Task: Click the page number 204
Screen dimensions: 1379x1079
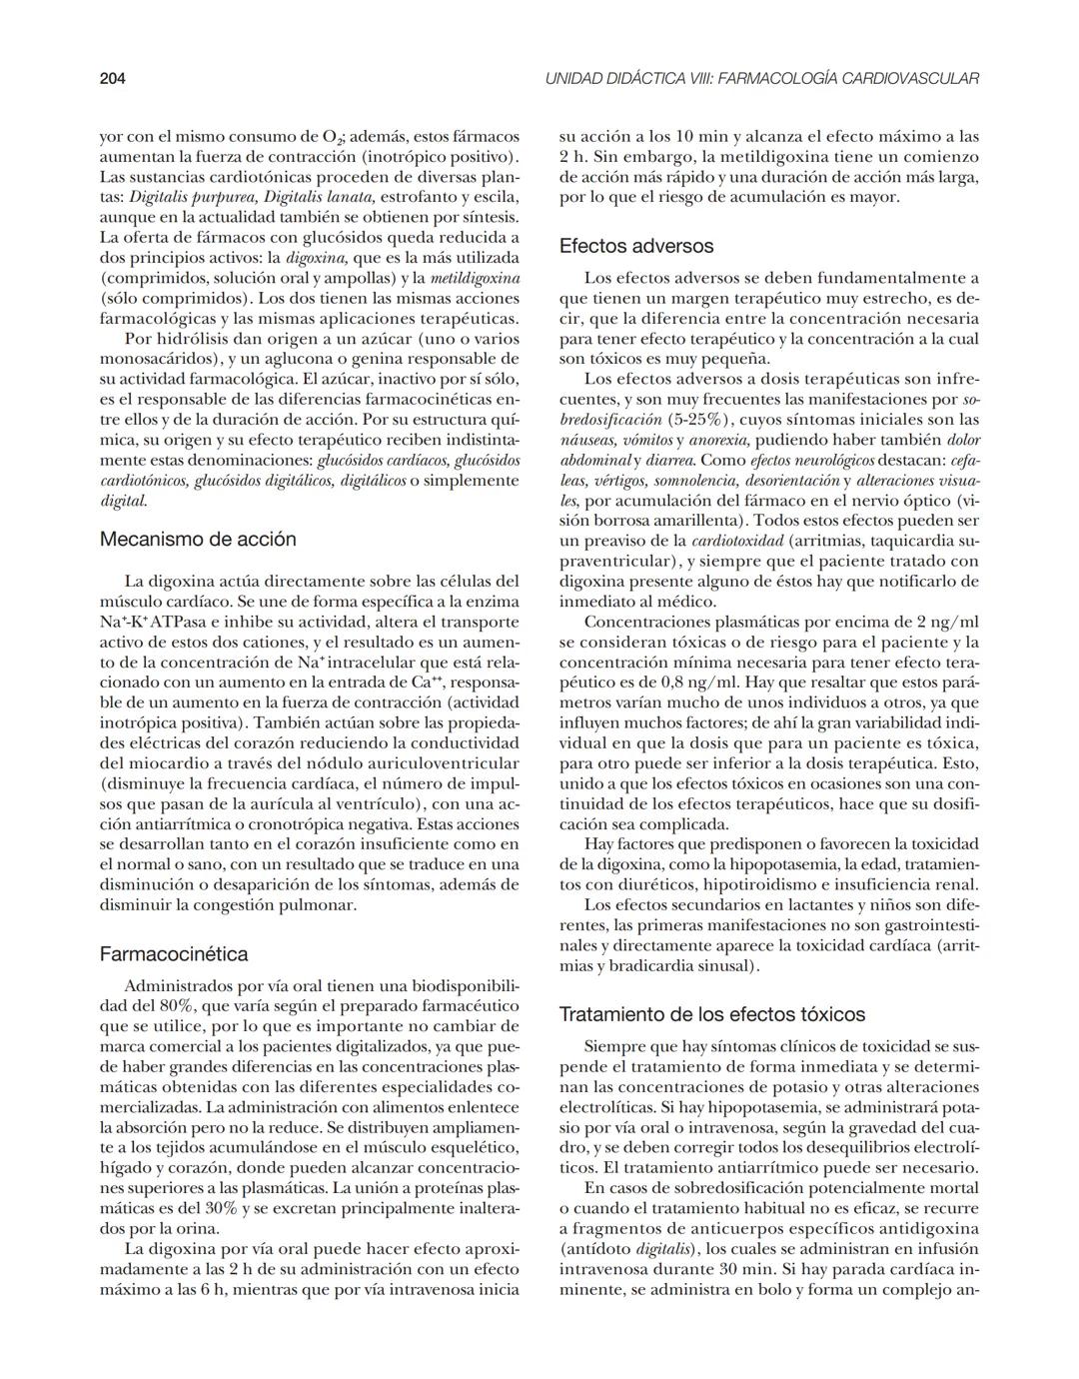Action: click(112, 78)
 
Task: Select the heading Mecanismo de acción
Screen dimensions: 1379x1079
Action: click(198, 540)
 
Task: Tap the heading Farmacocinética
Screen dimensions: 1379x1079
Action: click(174, 953)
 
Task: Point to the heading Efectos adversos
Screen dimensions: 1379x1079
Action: click(636, 246)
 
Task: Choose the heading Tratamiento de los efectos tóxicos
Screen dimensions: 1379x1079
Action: click(711, 1014)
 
